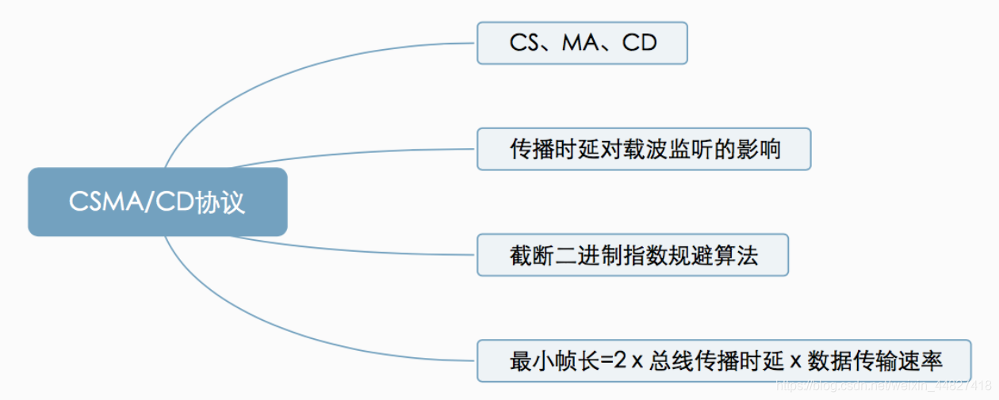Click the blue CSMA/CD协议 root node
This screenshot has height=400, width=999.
click(x=157, y=202)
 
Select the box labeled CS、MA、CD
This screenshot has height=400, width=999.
click(x=581, y=43)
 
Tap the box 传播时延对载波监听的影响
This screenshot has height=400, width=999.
click(x=643, y=149)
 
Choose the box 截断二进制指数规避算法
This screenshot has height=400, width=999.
click(x=632, y=254)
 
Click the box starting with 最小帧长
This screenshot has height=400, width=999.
click(x=723, y=361)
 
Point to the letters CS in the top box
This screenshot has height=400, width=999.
click(x=524, y=43)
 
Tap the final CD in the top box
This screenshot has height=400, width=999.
click(x=640, y=43)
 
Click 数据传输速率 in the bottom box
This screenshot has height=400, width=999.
click(x=875, y=361)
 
